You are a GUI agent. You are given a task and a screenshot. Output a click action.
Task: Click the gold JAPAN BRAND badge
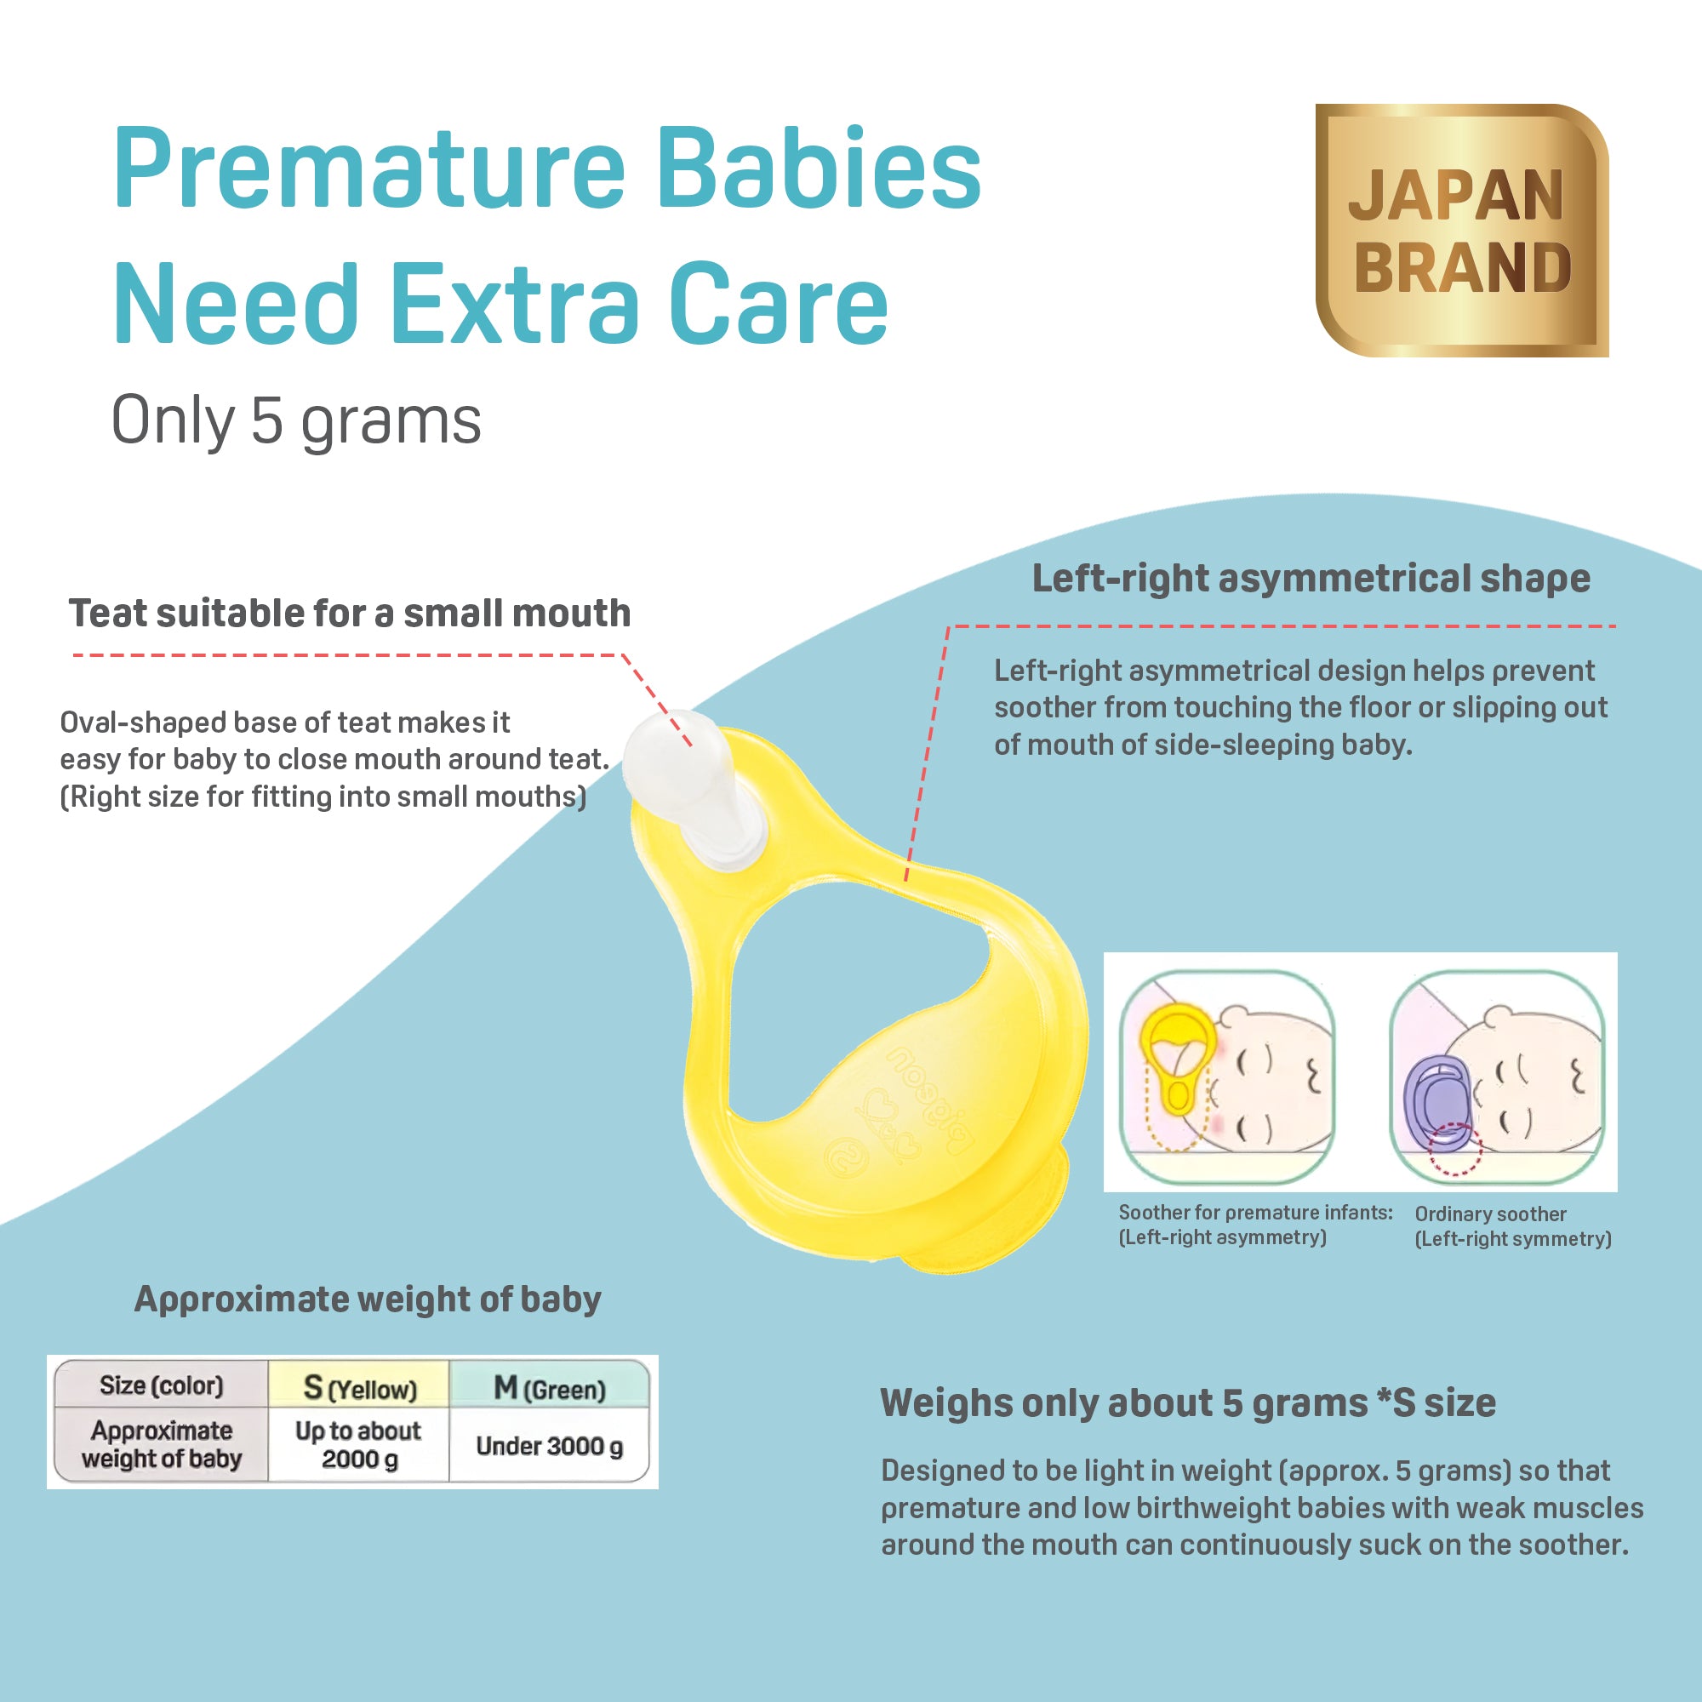(1461, 230)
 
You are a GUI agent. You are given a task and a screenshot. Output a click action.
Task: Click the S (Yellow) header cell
(359, 1387)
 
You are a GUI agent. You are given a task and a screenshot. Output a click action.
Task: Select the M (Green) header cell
(550, 1387)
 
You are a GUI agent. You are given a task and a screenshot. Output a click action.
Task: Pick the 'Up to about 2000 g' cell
(358, 1444)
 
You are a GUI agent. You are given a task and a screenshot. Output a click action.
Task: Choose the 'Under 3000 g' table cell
(550, 1446)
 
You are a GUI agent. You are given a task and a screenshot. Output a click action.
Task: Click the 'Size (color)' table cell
(161, 1385)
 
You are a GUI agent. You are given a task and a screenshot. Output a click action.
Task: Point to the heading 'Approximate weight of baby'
(368, 1299)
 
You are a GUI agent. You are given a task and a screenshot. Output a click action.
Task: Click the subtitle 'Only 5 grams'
(296, 421)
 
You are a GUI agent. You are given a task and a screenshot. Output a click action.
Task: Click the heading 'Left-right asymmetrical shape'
(1311, 579)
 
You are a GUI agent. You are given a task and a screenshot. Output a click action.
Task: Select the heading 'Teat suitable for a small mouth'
(350, 613)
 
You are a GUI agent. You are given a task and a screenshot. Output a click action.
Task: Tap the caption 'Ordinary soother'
(1491, 1214)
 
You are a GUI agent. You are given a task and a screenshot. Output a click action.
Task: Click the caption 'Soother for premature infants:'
(1255, 1212)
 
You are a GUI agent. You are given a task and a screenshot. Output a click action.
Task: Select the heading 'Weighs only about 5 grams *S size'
(1187, 1403)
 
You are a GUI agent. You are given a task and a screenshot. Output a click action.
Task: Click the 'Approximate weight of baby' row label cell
(161, 1445)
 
